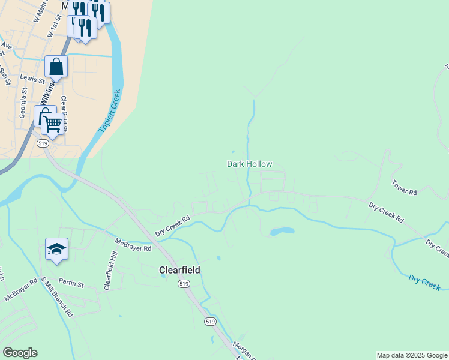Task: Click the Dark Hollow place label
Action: tap(249, 164)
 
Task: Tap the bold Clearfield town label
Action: tap(179, 270)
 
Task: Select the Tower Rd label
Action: tap(404, 187)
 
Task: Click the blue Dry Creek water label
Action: tap(424, 283)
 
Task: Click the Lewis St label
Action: tap(32, 79)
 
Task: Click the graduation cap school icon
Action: tap(56, 250)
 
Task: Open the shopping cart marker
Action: tap(52, 124)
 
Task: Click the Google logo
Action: tap(20, 353)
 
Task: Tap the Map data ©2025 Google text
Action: tap(412, 355)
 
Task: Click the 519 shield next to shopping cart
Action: tap(42, 143)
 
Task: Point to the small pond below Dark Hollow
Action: tap(282, 231)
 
